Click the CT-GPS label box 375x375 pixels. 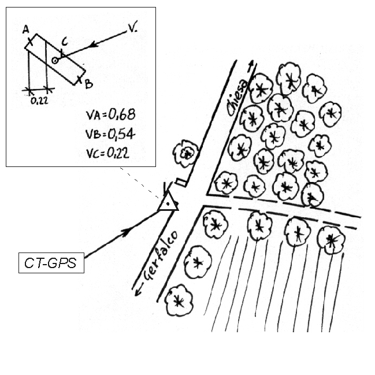click(51, 262)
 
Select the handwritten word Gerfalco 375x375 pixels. click(161, 255)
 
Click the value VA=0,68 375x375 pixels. click(111, 114)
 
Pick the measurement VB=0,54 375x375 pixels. click(110, 134)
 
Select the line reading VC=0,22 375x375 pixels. click(108, 153)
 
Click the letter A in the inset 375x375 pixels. click(25, 29)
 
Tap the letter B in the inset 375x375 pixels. click(89, 84)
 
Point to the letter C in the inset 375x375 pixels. click(65, 42)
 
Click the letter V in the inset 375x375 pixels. click(132, 28)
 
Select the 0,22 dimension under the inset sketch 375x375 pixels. click(39, 101)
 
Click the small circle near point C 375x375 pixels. click(55, 61)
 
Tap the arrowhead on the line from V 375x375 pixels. click(94, 44)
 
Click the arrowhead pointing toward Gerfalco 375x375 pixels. click(137, 291)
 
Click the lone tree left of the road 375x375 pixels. click(186, 153)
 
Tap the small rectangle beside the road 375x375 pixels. click(181, 182)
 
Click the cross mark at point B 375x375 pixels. click(80, 81)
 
